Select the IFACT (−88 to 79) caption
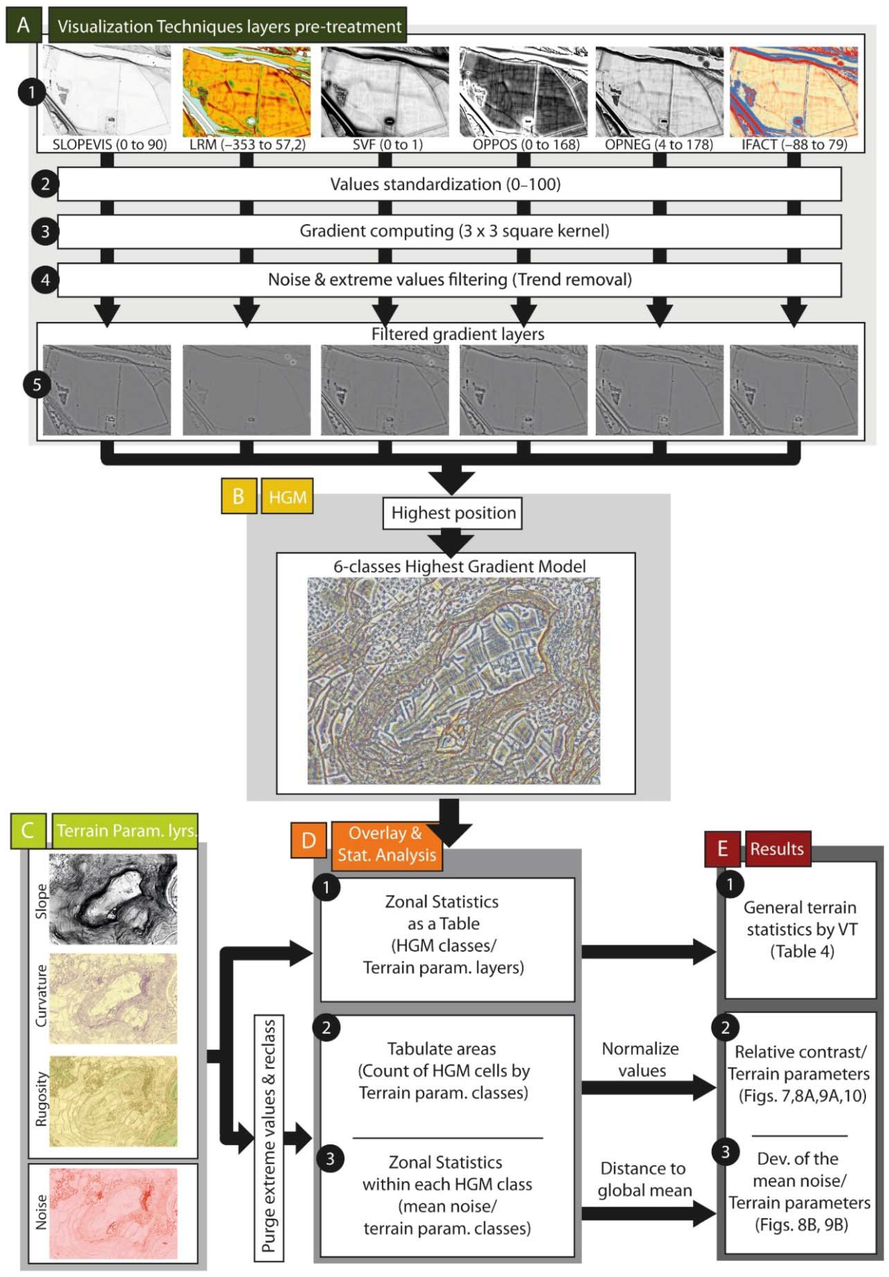point(794,145)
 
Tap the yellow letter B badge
point(238,496)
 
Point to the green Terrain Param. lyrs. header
point(125,830)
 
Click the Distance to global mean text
point(644,1179)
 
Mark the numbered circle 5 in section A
point(37,384)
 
